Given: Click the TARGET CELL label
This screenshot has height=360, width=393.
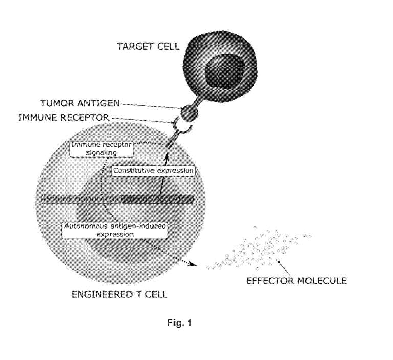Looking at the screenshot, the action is pyautogui.click(x=148, y=47).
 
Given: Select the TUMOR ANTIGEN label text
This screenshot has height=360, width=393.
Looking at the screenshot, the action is pyautogui.click(x=80, y=103).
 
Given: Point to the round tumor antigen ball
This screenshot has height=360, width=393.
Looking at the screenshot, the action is pyautogui.click(x=189, y=113).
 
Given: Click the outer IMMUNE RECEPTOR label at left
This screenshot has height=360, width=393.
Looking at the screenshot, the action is pyautogui.click(x=64, y=117).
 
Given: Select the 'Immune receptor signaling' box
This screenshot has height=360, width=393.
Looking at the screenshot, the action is pyautogui.click(x=101, y=149).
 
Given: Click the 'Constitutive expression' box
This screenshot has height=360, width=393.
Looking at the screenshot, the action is pyautogui.click(x=154, y=171).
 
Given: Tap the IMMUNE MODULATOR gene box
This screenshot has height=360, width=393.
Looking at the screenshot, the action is pyautogui.click(x=81, y=199).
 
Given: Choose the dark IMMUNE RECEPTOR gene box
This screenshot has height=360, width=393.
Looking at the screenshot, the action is pyautogui.click(x=158, y=199).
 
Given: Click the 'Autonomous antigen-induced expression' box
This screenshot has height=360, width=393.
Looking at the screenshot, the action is pyautogui.click(x=115, y=230).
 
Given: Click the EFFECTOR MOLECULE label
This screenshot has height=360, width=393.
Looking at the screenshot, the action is pyautogui.click(x=296, y=281).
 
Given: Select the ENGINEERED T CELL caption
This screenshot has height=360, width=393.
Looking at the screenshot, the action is pyautogui.click(x=120, y=294).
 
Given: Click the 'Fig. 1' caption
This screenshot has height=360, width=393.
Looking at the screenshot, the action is pyautogui.click(x=180, y=323).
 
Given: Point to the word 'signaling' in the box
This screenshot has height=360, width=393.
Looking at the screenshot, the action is pyautogui.click(x=101, y=152).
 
